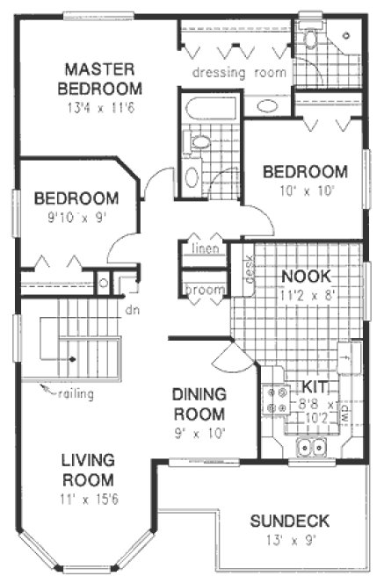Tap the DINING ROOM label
[x=199, y=405]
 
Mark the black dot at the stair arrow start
[x=73, y=359]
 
